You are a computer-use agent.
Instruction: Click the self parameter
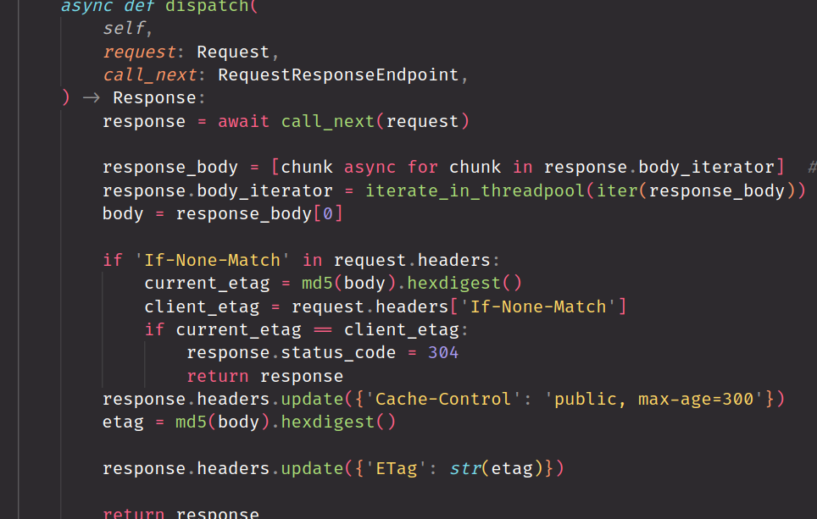[x=124, y=29]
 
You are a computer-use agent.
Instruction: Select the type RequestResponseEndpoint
[x=338, y=75]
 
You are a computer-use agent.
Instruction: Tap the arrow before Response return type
[x=91, y=97]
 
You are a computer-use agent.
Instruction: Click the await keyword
[x=244, y=121]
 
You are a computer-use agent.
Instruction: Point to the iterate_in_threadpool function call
[x=475, y=190]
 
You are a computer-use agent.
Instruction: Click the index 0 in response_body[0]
[x=328, y=213]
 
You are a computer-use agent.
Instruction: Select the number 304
[x=443, y=352]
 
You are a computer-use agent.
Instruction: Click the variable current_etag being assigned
[x=207, y=283]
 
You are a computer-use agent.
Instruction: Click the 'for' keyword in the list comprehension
[x=422, y=167]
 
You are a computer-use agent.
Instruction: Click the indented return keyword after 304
[x=218, y=376]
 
